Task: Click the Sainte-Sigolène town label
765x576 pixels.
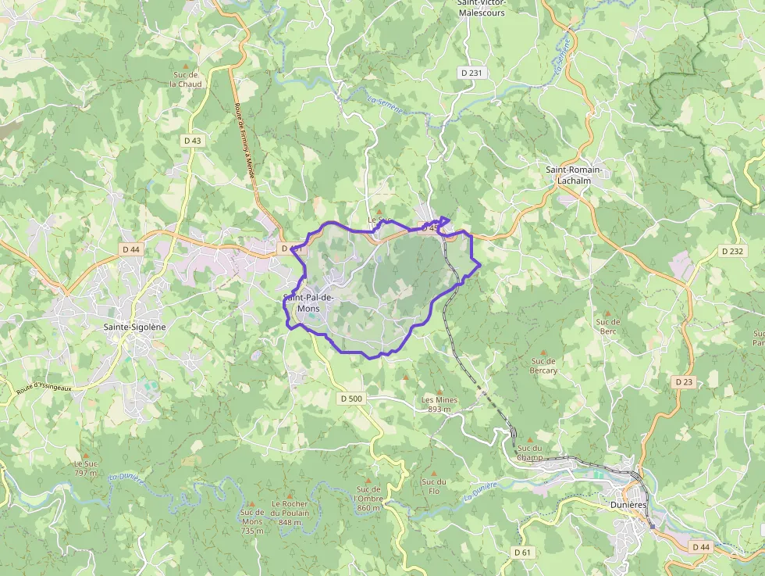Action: click(135, 327)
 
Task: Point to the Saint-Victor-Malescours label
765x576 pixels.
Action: click(481, 8)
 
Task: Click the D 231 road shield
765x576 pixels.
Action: click(472, 73)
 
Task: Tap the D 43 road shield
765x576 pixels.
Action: click(192, 141)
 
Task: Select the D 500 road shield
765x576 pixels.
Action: click(351, 399)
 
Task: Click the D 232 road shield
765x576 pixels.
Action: click(732, 251)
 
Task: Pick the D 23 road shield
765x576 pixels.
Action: click(683, 381)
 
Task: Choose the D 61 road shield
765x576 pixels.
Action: click(522, 553)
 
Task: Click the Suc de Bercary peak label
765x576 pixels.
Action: click(544, 365)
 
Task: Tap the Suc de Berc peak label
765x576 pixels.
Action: click(607, 326)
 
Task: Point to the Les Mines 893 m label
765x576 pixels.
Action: click(439, 404)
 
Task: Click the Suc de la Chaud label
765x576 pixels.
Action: click(186, 79)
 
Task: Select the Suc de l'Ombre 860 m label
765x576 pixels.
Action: click(368, 499)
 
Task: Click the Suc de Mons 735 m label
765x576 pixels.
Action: click(252, 521)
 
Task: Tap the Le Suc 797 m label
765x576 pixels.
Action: click(85, 468)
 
